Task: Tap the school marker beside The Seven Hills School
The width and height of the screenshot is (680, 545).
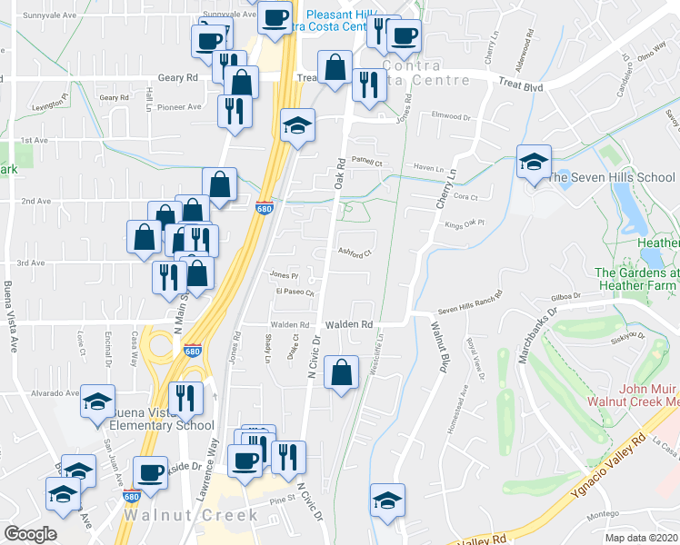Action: coord(532,163)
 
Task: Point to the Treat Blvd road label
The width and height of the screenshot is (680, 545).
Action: coord(520,85)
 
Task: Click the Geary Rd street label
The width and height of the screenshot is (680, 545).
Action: coord(177,78)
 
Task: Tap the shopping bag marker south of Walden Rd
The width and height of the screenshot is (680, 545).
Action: coord(341,372)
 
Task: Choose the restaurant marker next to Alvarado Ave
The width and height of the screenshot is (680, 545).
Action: coord(183,399)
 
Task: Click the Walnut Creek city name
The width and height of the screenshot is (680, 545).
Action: coord(189,515)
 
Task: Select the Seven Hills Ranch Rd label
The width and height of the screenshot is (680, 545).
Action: coord(470,301)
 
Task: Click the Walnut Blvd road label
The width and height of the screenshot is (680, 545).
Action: coord(444,351)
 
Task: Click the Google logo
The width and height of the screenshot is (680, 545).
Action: coord(30,534)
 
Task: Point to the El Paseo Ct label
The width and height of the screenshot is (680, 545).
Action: coord(295,292)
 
